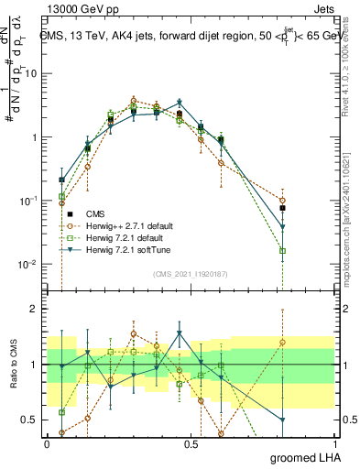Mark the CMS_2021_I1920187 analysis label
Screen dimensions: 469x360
(x=190, y=274)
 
